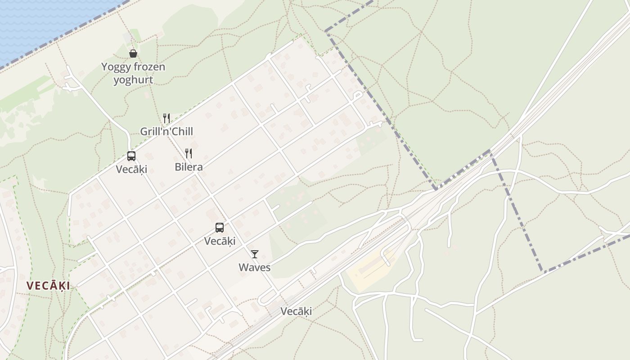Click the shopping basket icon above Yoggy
coord(133,54)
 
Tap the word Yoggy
coord(114,67)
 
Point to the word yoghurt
coord(133,80)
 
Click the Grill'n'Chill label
coord(166,131)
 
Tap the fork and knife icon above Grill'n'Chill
coord(166,118)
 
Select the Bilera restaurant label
coord(189,167)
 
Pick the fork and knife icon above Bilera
coord(189,153)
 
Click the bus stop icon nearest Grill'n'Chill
coord(131,156)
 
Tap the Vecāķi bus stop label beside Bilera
coord(131,169)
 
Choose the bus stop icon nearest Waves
coord(220,228)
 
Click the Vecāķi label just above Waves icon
coord(220,241)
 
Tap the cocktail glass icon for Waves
coord(255,254)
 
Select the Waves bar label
coord(255,267)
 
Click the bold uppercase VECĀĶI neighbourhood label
coord(48,286)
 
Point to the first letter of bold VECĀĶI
coord(30,286)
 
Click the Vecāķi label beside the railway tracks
coord(296,311)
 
